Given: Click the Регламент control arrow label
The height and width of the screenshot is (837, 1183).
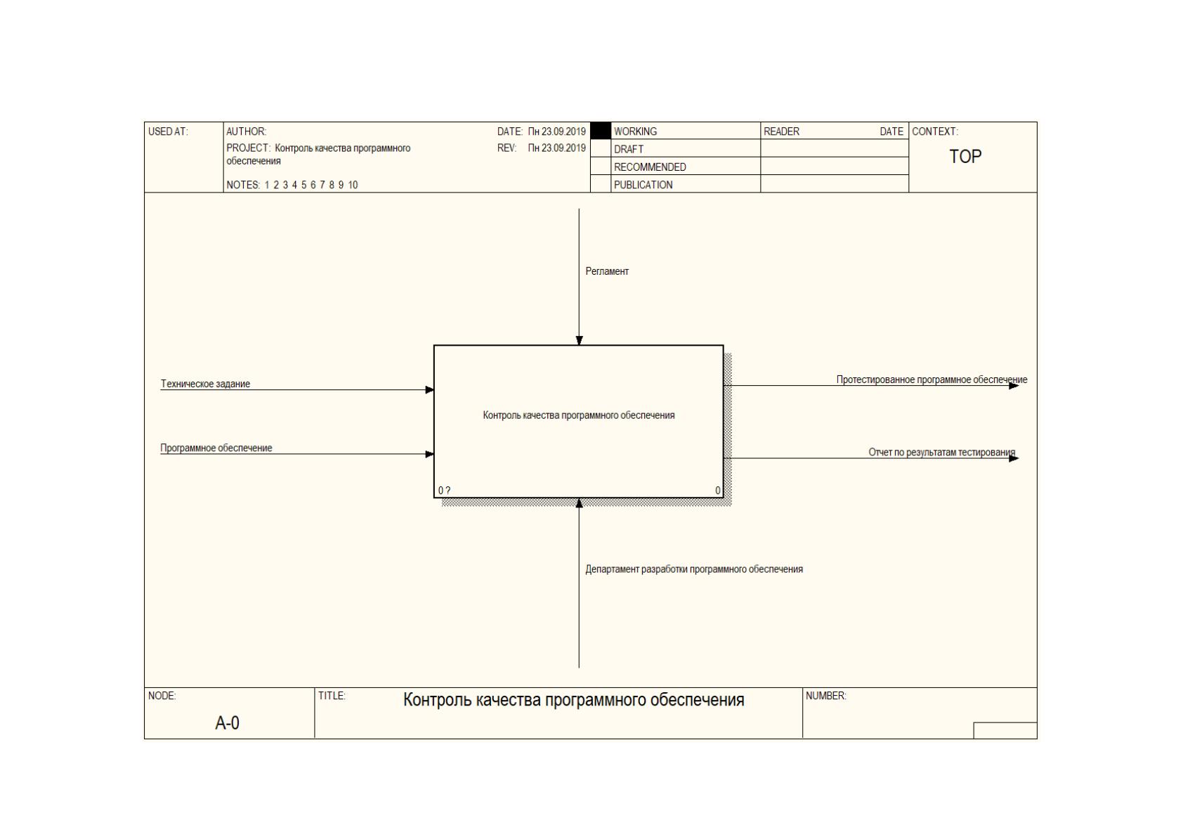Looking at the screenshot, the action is pos(607,271).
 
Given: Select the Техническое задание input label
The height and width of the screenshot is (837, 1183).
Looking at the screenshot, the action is pos(205,384).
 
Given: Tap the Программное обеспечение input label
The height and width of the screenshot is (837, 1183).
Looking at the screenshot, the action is pos(216,448).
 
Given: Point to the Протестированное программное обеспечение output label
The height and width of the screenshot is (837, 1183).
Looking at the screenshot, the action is pos(932,380).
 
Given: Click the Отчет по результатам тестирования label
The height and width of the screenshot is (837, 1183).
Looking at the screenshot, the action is pos(941,453).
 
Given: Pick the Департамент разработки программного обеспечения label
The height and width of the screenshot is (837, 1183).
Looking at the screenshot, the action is pos(694,570).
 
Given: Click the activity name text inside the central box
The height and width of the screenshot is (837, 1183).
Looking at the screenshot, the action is pos(579,416).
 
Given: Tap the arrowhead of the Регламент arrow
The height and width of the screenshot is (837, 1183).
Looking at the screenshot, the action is pos(580,341).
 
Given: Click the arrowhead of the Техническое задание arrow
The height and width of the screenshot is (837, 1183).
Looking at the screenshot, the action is pos(430,390).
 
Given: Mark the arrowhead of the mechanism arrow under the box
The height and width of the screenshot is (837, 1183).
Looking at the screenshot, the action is pos(580,503).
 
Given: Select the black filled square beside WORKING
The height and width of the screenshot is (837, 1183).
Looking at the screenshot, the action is pos(601,131).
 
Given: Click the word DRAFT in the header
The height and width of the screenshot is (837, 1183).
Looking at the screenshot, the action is pos(629,150).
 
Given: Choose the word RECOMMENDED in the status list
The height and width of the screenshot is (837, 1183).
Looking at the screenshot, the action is pos(650,167).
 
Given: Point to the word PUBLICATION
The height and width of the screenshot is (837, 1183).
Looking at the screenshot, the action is pos(643,185).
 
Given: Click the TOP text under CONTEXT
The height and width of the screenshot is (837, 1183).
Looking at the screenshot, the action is pos(965,157).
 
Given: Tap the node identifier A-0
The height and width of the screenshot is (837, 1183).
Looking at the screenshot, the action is pos(227,723).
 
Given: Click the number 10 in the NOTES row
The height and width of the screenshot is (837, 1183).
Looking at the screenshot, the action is pos(353,185).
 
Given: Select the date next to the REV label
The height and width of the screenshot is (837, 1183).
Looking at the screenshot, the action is pos(556,148).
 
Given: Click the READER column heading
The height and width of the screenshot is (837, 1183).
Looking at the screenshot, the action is pos(781,131).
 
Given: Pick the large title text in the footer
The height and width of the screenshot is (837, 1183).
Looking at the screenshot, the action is pos(573,700).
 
